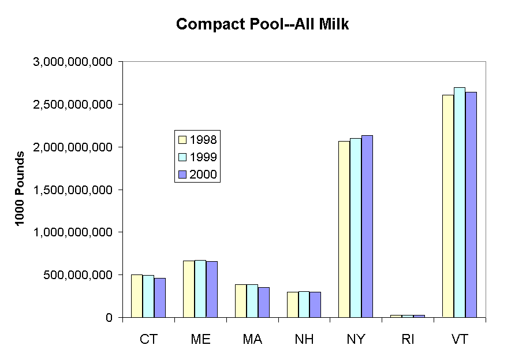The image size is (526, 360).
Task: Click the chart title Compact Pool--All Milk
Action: (x=263, y=25)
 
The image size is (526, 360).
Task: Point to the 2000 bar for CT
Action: (x=160, y=298)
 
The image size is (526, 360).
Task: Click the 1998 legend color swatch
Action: (x=182, y=139)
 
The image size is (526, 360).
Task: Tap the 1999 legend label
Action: (x=203, y=157)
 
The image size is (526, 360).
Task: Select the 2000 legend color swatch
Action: (x=182, y=174)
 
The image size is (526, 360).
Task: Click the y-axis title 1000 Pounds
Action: (x=21, y=189)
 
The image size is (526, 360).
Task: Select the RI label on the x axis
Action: (x=408, y=339)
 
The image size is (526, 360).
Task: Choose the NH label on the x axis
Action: (x=304, y=339)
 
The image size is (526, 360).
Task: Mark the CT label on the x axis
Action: (x=148, y=339)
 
